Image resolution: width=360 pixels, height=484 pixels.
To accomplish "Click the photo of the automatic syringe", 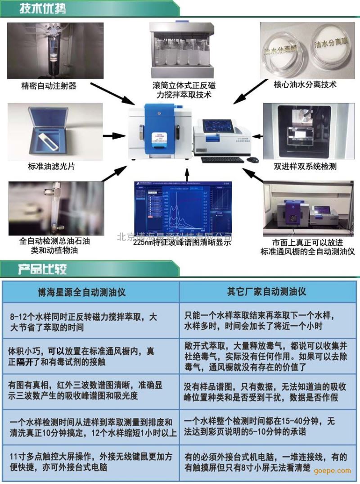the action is click(x=55, y=50).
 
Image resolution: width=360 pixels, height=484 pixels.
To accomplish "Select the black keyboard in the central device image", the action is click(x=221, y=159).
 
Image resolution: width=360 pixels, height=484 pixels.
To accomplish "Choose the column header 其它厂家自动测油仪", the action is click(x=266, y=292).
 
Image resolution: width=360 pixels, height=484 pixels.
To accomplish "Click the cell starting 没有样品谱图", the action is click(x=266, y=392).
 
